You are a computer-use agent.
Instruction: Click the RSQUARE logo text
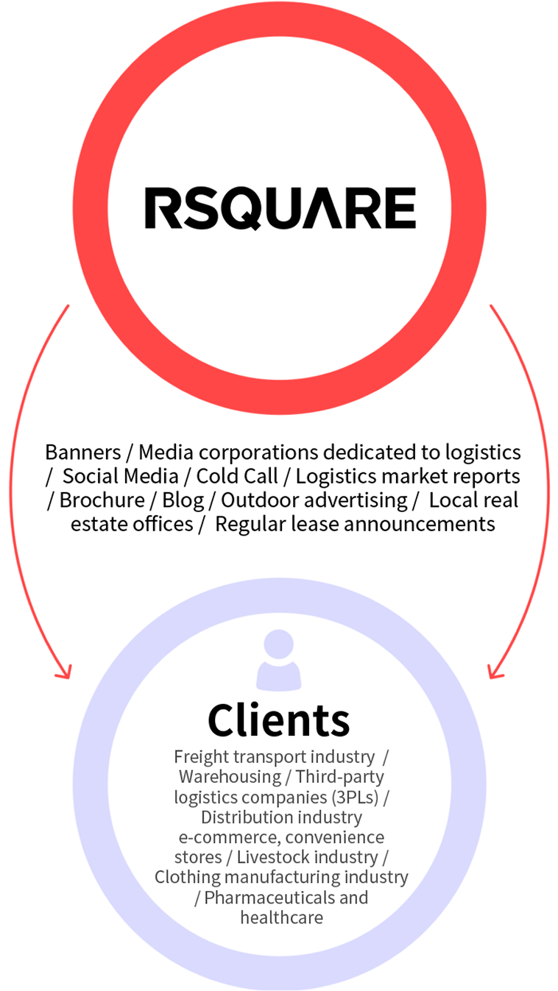tap(280, 207)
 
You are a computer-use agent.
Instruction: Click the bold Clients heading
tap(279, 720)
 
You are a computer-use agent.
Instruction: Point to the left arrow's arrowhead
tap(65, 671)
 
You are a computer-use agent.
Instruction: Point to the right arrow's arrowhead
tap(495, 671)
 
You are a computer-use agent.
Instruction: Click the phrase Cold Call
tap(237, 476)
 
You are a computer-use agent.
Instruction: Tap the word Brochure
tap(102, 500)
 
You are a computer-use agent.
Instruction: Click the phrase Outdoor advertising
tap(314, 500)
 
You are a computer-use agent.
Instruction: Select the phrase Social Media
tap(121, 476)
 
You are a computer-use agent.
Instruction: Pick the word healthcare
tap(281, 917)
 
